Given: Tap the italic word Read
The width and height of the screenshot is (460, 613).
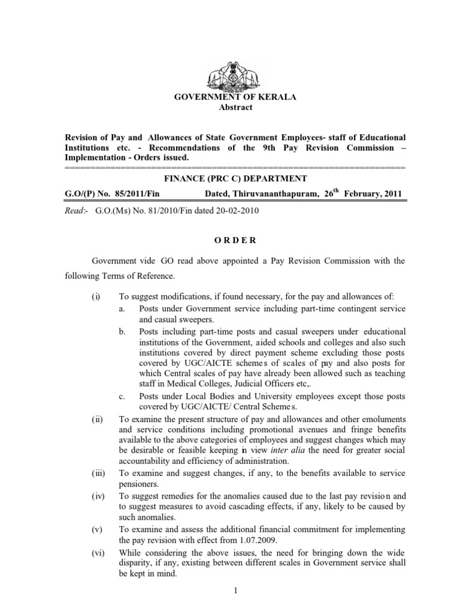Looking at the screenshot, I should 73,211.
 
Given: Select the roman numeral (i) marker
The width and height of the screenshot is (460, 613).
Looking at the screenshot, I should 95,296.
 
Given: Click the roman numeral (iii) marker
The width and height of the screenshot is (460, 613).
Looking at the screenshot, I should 98,474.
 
